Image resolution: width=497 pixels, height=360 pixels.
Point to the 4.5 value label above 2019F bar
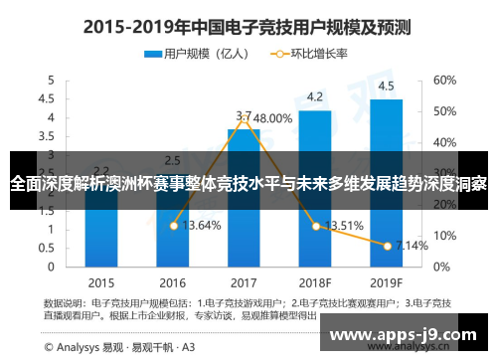pyautogui.click(x=386, y=86)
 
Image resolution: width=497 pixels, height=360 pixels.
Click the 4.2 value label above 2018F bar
pyautogui.click(x=315, y=97)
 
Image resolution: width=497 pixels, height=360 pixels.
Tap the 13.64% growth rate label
pyautogui.click(x=202, y=226)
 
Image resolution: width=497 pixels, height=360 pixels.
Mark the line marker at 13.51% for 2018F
pyautogui.click(x=315, y=226)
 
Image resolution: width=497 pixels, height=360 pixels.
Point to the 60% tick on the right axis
pyautogui.click(x=444, y=80)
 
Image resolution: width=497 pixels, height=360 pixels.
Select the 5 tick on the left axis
pyautogui.click(x=46, y=80)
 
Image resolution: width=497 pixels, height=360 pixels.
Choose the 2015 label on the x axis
pyautogui.click(x=100, y=281)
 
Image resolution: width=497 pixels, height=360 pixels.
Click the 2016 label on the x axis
pyautogui.click(x=172, y=281)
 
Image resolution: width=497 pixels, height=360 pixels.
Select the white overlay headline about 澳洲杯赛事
pyautogui.click(x=248, y=184)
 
